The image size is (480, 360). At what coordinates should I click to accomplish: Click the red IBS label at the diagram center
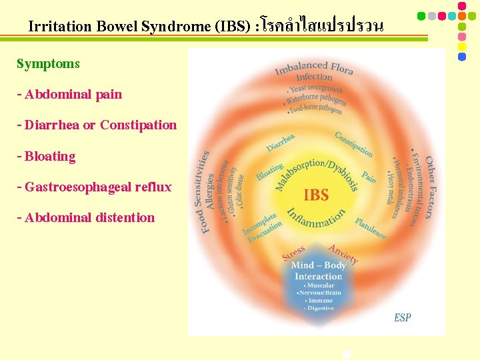tap(316, 195)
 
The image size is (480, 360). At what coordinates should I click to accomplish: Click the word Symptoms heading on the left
tap(48, 64)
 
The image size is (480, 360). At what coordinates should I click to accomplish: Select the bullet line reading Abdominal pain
tap(69, 94)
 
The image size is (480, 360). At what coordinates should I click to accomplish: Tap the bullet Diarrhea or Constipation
tap(97, 125)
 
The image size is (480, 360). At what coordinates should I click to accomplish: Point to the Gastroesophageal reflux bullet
tap(94, 187)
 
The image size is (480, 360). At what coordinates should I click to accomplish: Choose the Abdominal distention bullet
tap(85, 217)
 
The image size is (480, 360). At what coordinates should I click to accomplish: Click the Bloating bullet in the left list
tap(46, 156)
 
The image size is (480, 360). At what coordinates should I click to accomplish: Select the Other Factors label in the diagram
tap(430, 187)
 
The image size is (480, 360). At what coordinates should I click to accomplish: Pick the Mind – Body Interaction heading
tap(319, 271)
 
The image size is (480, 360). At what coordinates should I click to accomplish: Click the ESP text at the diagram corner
tap(402, 317)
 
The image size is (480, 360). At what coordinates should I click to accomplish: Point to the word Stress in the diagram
tap(293, 253)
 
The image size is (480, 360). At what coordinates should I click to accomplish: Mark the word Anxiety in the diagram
tap(343, 253)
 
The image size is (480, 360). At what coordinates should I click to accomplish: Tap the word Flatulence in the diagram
tap(371, 228)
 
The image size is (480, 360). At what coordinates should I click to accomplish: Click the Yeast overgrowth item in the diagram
tap(315, 89)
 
